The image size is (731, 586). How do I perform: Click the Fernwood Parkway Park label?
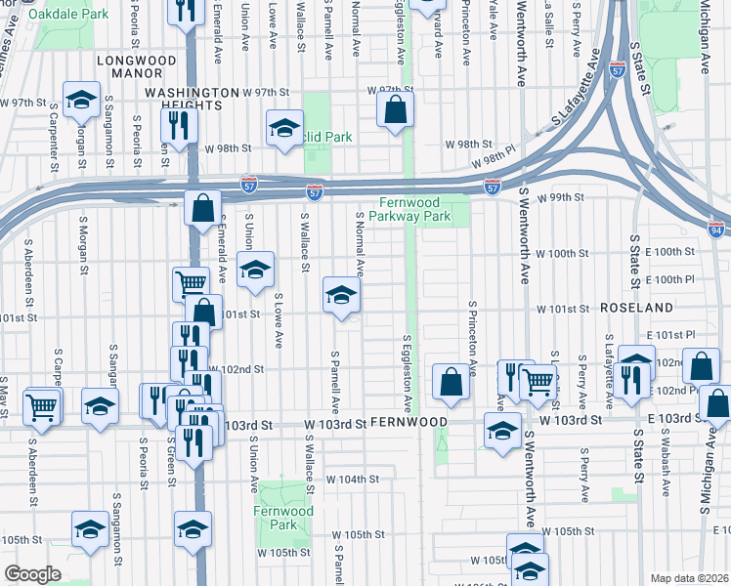(422, 208)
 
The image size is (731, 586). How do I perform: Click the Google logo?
(32, 574)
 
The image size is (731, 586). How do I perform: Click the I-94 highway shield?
(716, 230)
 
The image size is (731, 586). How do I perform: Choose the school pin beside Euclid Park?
(284, 128)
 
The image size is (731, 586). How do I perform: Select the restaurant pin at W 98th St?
(179, 124)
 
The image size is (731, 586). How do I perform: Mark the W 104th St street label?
(352, 480)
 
